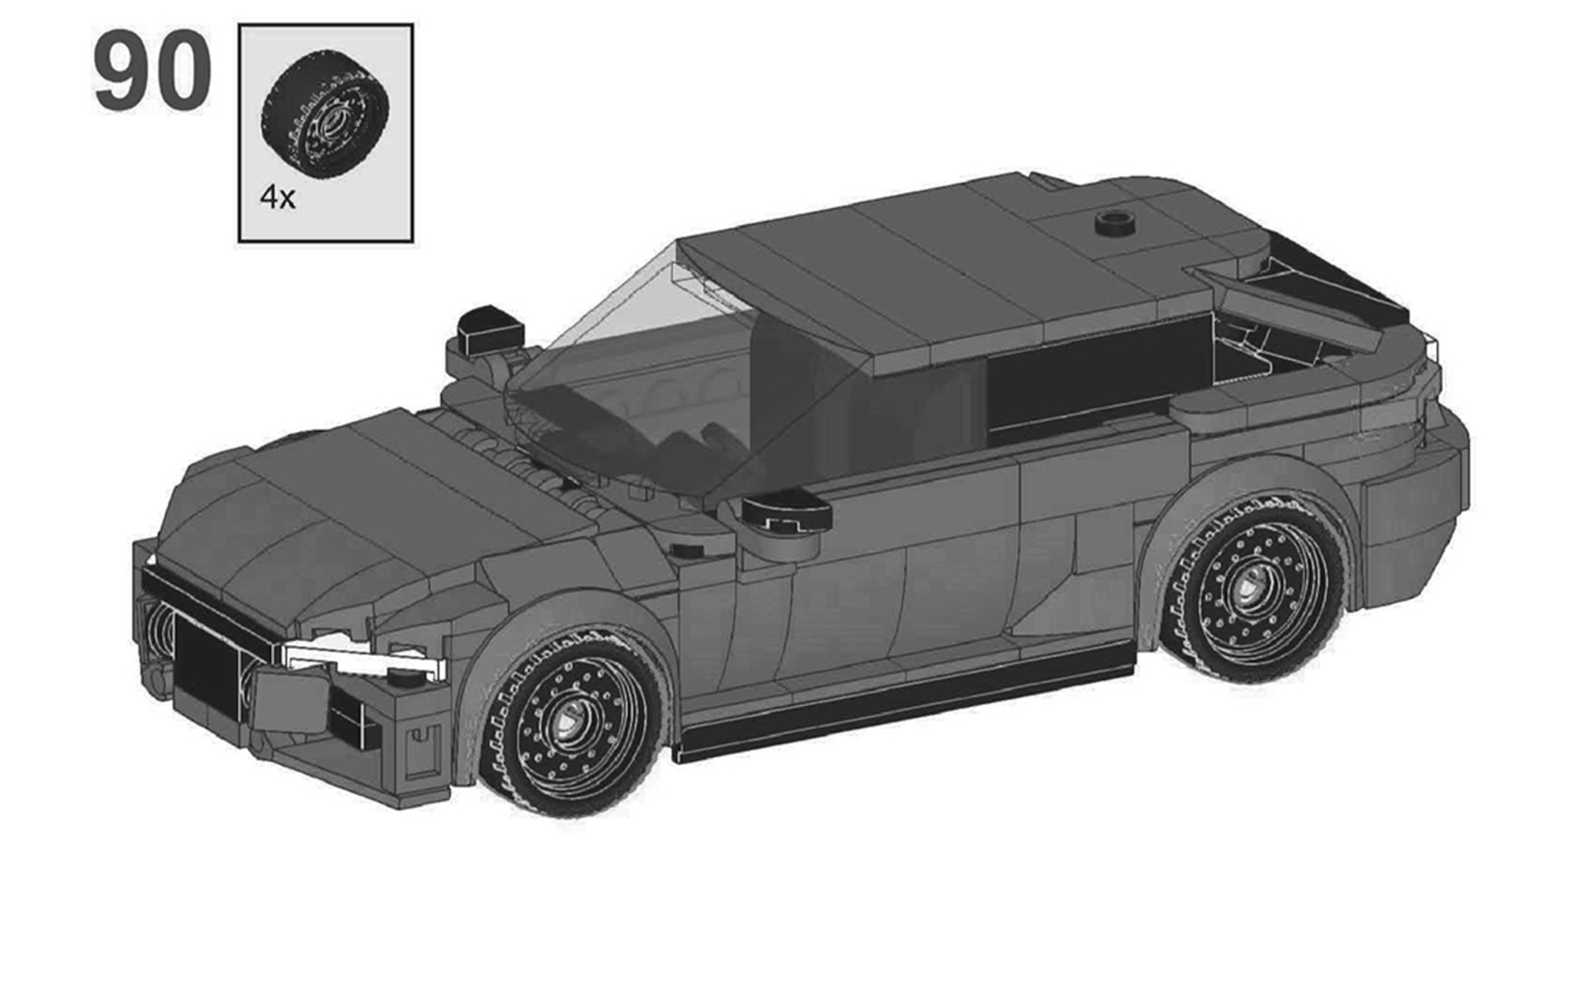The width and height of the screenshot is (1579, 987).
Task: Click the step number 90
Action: click(152, 70)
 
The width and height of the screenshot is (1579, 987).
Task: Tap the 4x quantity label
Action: click(277, 197)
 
